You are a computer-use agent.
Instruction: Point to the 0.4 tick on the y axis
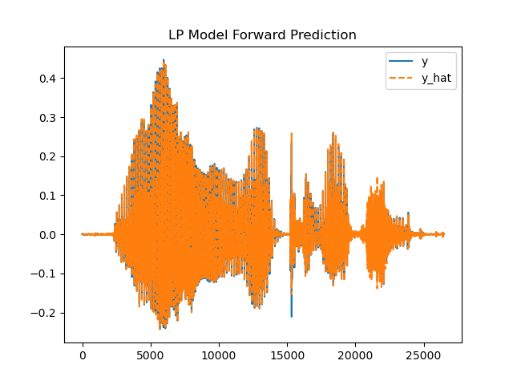(48, 79)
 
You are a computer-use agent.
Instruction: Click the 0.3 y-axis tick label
(48, 118)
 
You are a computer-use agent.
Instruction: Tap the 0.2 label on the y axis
(48, 156)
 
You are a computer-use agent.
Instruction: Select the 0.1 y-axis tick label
(48, 196)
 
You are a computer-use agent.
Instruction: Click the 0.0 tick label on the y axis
(48, 235)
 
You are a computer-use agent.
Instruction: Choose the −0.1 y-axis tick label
(45, 274)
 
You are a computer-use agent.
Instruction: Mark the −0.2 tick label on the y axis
(45, 313)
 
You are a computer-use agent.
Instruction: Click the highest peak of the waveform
(164, 59)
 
